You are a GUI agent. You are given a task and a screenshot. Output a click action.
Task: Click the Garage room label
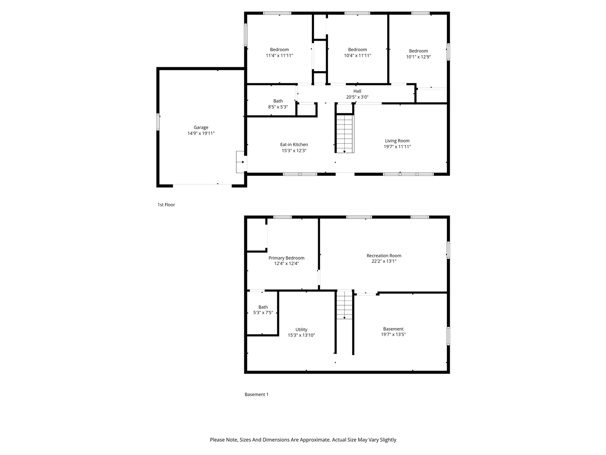tap(201, 127)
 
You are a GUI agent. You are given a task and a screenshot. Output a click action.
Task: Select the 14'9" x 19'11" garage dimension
tap(201, 134)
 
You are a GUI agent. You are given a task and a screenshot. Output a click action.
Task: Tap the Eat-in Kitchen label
tap(294, 145)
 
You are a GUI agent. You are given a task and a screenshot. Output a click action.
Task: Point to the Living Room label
tap(397, 141)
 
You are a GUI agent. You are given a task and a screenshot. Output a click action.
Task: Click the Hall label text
tap(357, 91)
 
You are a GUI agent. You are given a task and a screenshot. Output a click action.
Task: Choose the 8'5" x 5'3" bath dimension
tap(278, 107)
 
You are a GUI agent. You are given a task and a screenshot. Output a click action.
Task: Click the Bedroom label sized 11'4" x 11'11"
tap(279, 50)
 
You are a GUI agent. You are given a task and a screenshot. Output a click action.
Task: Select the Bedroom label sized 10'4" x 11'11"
tap(357, 50)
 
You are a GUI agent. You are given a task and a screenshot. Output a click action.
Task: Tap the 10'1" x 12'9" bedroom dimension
tap(419, 57)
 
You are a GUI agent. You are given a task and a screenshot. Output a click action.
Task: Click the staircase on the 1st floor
tap(345, 134)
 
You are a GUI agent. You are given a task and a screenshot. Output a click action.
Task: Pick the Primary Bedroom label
tap(286, 258)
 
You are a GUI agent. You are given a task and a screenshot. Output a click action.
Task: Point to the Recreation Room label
tap(384, 255)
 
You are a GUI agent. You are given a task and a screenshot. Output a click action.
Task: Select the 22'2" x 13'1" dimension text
tap(384, 261)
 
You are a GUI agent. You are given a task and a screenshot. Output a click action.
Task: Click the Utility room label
tap(301, 329)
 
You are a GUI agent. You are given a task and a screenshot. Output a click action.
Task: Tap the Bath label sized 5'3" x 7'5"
tap(263, 307)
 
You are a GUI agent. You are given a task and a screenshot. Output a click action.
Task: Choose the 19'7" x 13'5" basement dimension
tap(393, 335)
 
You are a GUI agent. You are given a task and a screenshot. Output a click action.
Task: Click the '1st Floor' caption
tap(166, 205)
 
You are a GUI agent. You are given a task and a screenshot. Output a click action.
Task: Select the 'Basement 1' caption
tap(256, 394)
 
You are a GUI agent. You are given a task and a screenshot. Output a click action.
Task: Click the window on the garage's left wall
tap(158, 121)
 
